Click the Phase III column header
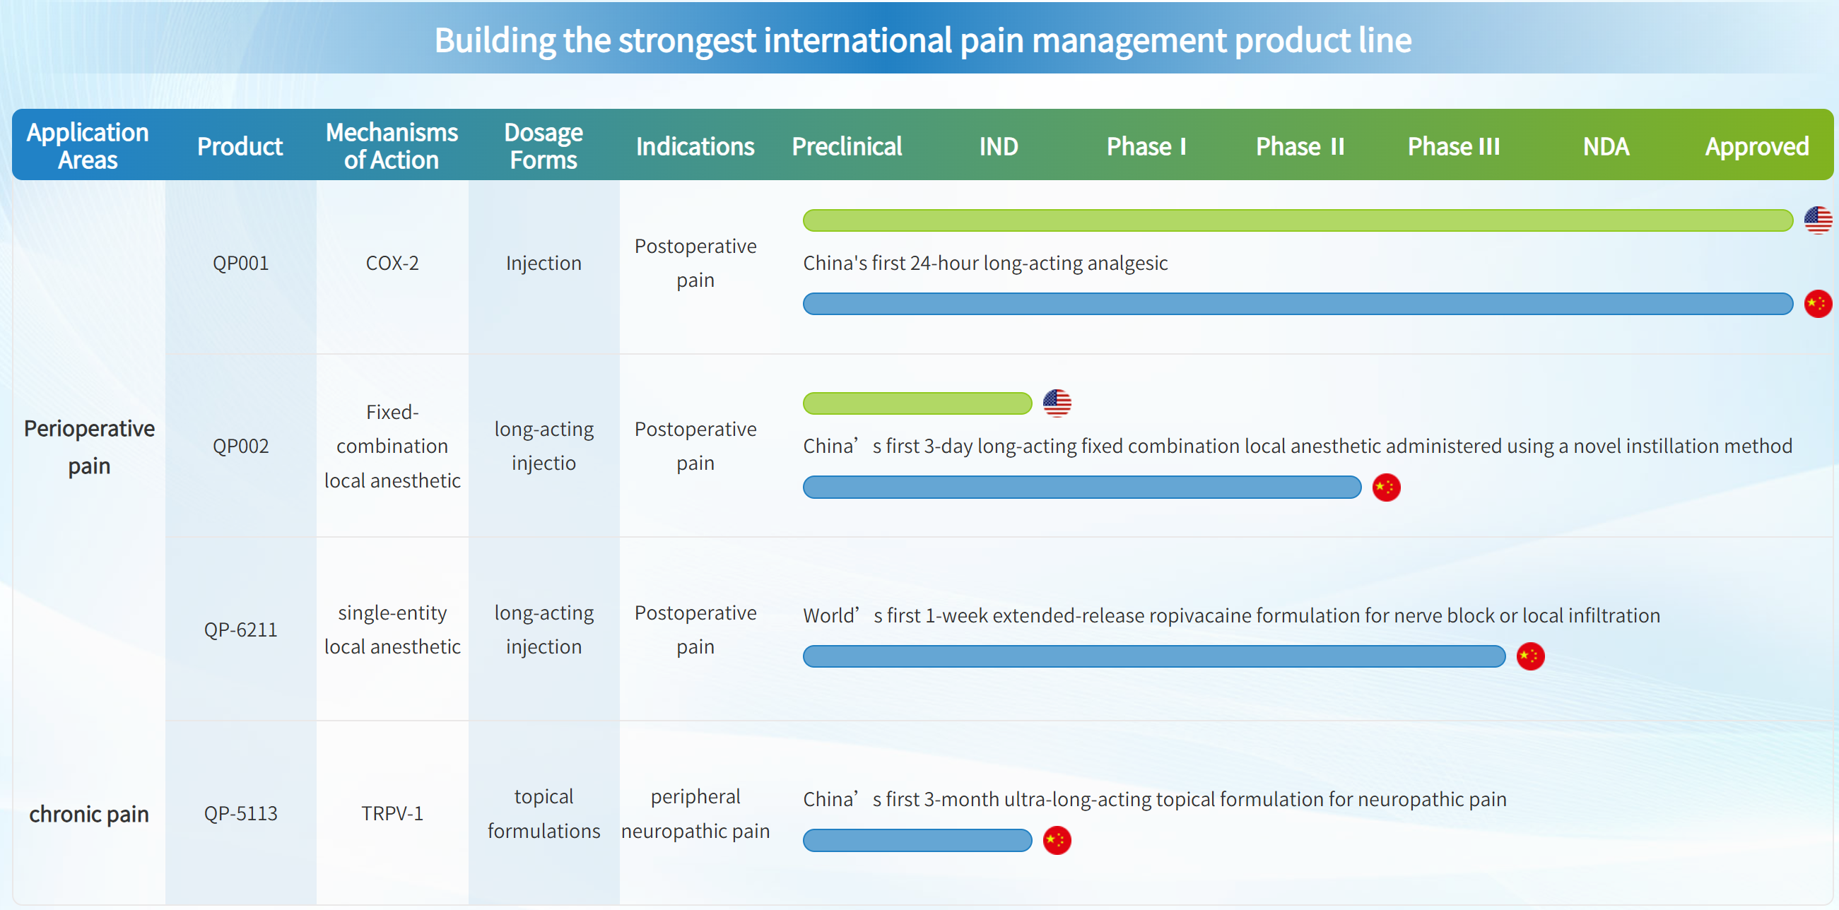pos(1454,146)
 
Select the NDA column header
pos(1606,146)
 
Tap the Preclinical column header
pos(847,146)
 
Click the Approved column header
pos(1757,146)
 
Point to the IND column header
pos(999,146)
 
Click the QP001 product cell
pos(240,264)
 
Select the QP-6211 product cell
pos(240,630)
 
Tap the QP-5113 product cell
pos(240,813)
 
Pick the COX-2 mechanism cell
pos(392,264)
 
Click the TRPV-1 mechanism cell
pos(392,813)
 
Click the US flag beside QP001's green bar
pos(1819,220)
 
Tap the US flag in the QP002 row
pos(1057,403)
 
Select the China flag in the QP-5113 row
pos(1057,840)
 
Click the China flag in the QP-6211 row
pos(1530,656)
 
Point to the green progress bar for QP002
pos(917,403)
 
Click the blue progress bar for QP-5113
pos(917,840)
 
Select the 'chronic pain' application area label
pos(89,814)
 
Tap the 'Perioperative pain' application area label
pos(89,447)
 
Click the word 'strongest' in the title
pos(687,41)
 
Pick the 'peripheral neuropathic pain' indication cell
pos(695,814)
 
